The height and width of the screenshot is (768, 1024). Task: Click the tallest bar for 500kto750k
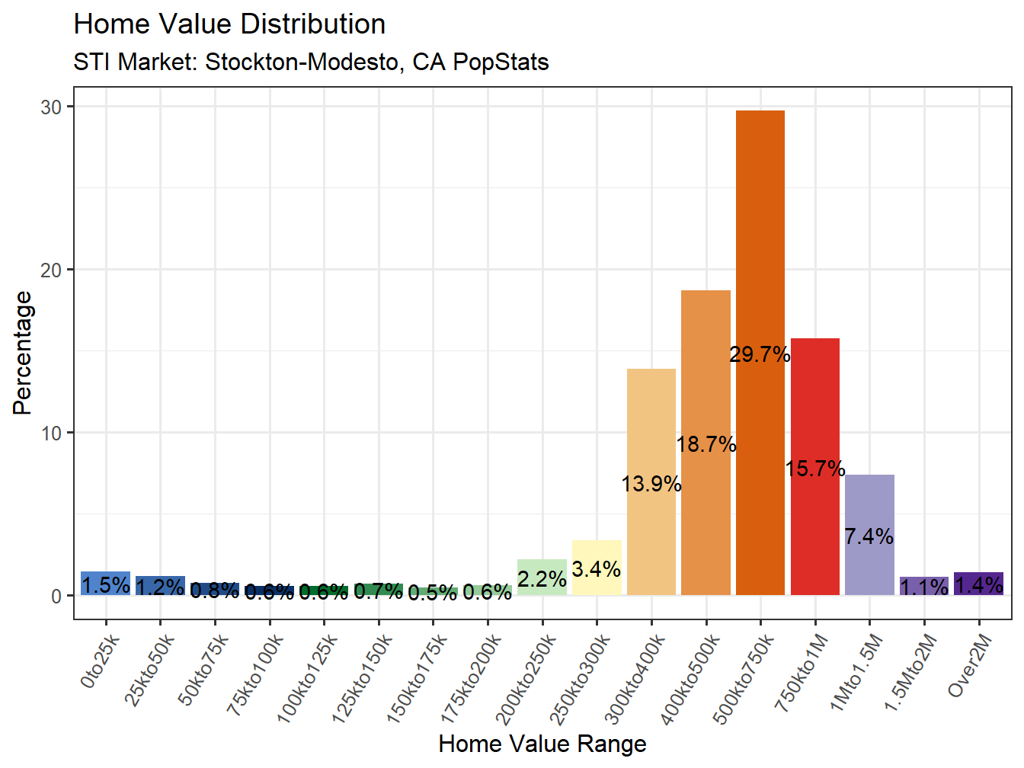click(760, 267)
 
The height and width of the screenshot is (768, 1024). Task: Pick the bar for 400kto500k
click(706, 366)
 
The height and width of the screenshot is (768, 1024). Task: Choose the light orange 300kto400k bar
click(651, 427)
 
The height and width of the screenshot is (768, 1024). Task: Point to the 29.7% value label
click(760, 354)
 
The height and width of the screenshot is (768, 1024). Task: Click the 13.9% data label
click(651, 484)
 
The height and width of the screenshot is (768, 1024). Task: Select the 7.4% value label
click(869, 536)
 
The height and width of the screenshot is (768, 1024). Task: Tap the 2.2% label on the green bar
click(542, 579)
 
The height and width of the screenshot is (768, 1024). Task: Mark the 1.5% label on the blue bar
click(105, 585)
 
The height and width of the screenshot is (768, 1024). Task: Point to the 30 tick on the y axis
click(51, 107)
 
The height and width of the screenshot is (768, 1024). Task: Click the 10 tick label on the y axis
click(51, 433)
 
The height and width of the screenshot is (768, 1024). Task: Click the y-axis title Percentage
click(23, 353)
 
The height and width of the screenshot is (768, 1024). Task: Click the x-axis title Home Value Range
click(542, 744)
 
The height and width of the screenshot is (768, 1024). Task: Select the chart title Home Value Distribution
click(229, 24)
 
